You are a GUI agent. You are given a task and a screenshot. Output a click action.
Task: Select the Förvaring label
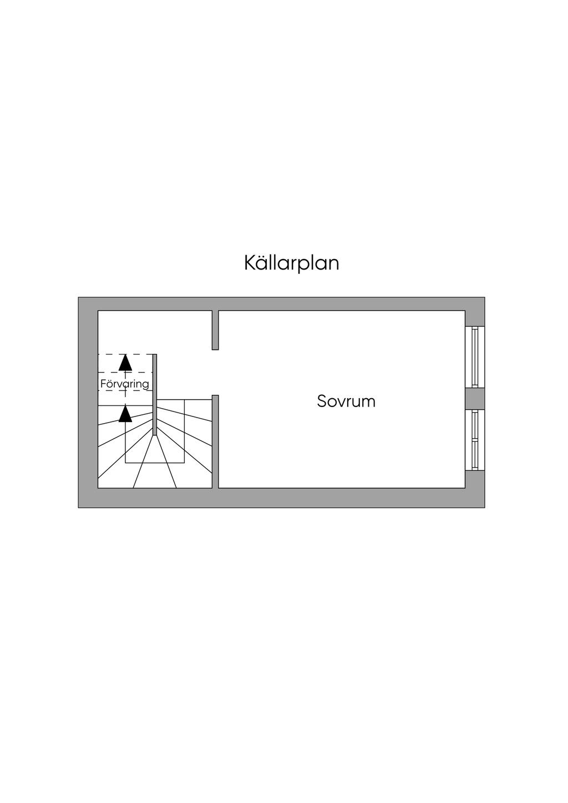coord(125,384)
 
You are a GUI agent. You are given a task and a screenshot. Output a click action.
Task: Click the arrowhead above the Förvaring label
coord(125,363)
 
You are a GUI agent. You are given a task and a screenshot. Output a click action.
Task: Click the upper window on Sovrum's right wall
coord(475,357)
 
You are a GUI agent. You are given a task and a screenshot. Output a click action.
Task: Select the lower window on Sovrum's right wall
coord(475,440)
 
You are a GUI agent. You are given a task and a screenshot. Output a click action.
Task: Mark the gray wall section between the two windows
coord(475,399)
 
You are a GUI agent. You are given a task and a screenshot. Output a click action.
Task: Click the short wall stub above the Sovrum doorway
coord(215,330)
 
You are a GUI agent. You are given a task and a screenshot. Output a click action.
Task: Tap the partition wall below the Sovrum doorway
coord(215,441)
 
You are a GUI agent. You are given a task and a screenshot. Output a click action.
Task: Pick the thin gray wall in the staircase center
coord(155,395)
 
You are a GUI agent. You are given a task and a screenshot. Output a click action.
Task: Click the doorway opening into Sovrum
coord(215,373)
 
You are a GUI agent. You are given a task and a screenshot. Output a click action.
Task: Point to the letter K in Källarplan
coord(250,263)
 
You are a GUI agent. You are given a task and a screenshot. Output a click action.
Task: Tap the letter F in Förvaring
coord(103,384)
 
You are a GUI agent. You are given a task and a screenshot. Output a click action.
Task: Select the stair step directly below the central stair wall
coord(155,463)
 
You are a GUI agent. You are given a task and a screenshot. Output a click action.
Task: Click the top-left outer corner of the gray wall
coord(78,297)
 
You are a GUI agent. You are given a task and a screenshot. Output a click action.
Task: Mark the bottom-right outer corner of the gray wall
coord(485,507)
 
